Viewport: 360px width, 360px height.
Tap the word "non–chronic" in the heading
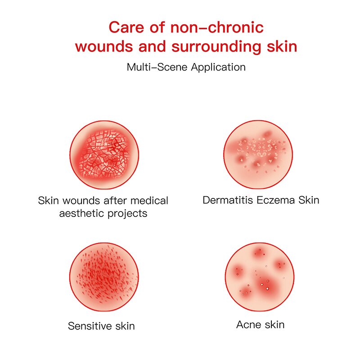pos(216,27)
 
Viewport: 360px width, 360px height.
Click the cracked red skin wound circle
pos(103,155)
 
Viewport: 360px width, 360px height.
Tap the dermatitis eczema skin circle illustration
pos(257,154)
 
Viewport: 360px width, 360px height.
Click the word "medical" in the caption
pos(146,200)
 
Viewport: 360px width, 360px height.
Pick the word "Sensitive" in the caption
pos(89,326)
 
